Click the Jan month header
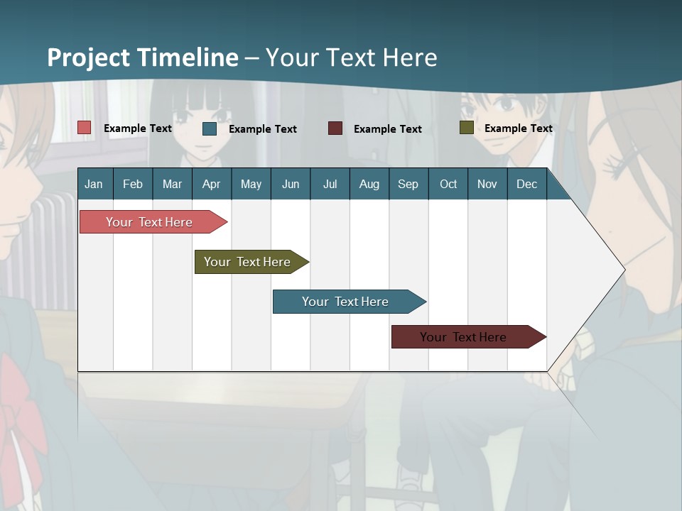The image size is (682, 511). click(94, 185)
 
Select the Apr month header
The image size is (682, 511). click(212, 185)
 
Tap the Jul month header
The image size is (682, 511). click(330, 185)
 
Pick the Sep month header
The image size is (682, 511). click(408, 185)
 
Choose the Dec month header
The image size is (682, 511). click(526, 185)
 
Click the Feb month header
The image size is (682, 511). click(133, 185)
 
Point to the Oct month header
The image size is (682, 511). click(448, 185)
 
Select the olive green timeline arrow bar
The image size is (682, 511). click(249, 262)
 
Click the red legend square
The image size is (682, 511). click(85, 128)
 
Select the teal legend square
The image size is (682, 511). click(210, 128)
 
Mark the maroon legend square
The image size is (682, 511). click(335, 128)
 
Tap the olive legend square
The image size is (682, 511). click(466, 128)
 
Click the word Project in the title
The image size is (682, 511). click(89, 58)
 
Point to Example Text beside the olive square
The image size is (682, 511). click(518, 128)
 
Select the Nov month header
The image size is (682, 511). click(487, 185)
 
